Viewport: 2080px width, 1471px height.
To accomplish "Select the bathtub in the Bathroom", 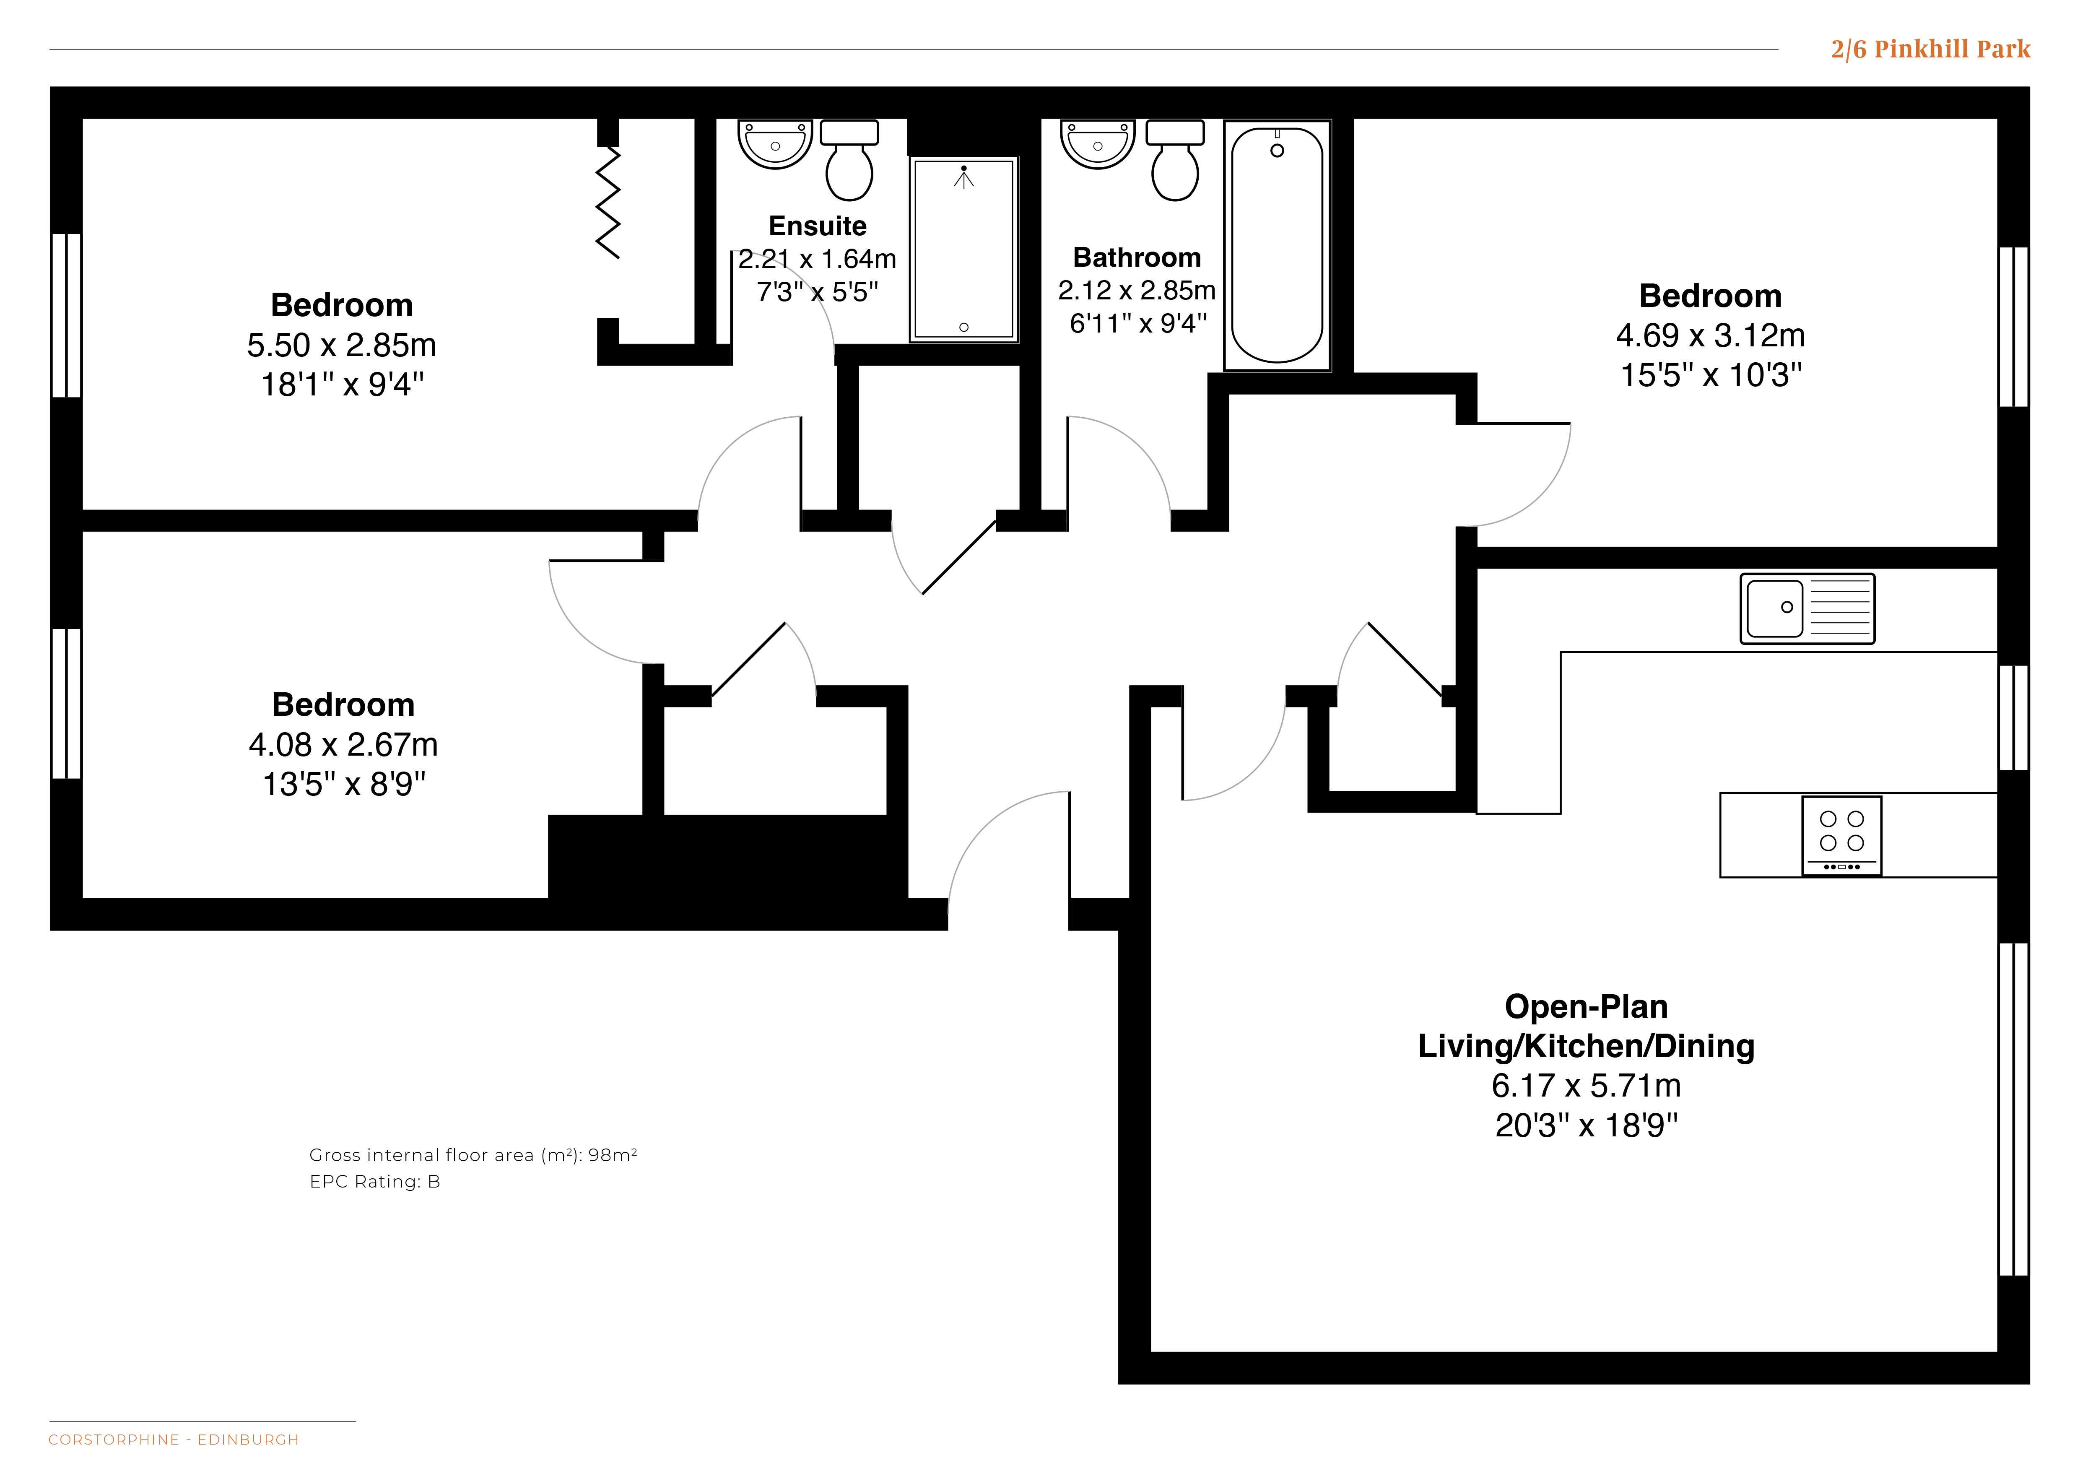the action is click(x=1278, y=245).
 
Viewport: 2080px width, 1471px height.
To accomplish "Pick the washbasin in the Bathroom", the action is click(x=1098, y=145).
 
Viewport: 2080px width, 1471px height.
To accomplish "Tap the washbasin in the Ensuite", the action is click(x=776, y=145).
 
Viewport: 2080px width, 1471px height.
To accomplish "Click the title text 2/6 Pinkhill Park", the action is click(x=1930, y=49).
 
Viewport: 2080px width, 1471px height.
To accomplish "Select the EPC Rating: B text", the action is click(x=375, y=1182).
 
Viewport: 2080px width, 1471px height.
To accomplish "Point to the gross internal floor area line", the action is click(x=473, y=1155).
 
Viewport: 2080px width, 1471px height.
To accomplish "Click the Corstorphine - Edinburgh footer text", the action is click(x=174, y=1439).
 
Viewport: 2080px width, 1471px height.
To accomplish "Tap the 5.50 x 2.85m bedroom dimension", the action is click(x=342, y=345).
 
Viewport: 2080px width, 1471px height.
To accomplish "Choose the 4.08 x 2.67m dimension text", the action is click(x=343, y=745).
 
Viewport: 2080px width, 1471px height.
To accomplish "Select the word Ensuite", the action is click(x=817, y=226).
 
